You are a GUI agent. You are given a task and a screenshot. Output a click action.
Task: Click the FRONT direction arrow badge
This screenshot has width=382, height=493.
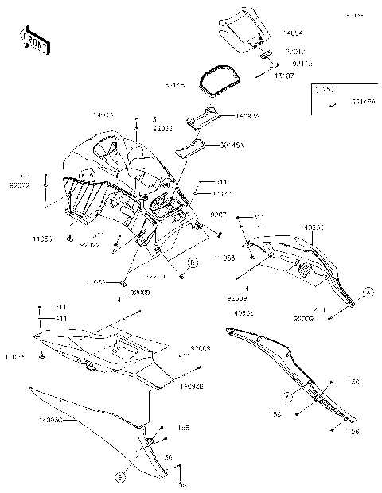pos(33,40)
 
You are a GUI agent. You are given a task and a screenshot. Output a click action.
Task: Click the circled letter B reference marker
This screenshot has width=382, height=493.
pos(192,262)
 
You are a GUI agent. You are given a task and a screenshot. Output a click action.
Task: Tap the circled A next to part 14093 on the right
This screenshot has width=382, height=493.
pos(367,293)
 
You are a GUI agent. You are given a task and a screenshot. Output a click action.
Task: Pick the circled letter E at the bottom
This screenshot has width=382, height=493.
pos(120,478)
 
